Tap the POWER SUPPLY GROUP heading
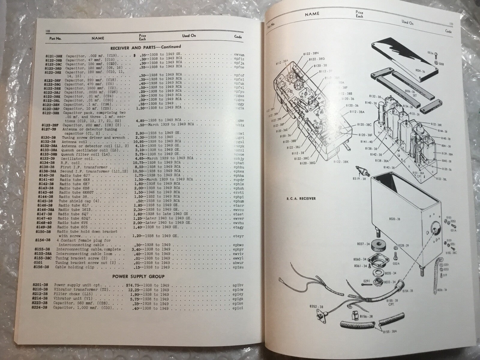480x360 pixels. [138, 276]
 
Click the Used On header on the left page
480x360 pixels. [189, 36]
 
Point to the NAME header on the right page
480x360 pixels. [312, 14]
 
